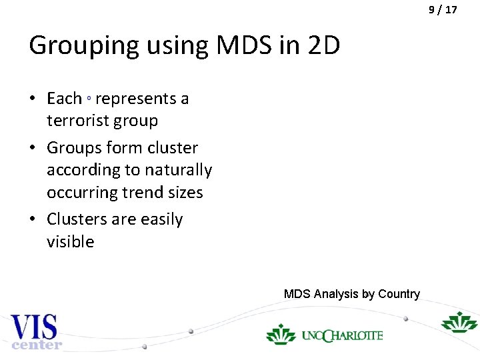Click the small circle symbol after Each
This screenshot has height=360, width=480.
click(x=89, y=99)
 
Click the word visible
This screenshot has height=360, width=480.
click(x=70, y=241)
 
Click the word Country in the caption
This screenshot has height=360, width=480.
click(x=399, y=294)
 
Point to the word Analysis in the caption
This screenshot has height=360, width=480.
click(x=337, y=294)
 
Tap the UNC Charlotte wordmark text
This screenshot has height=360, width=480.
click(x=342, y=335)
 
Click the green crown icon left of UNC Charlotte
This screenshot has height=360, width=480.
click(x=281, y=333)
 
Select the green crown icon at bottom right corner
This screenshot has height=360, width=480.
click(x=459, y=322)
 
